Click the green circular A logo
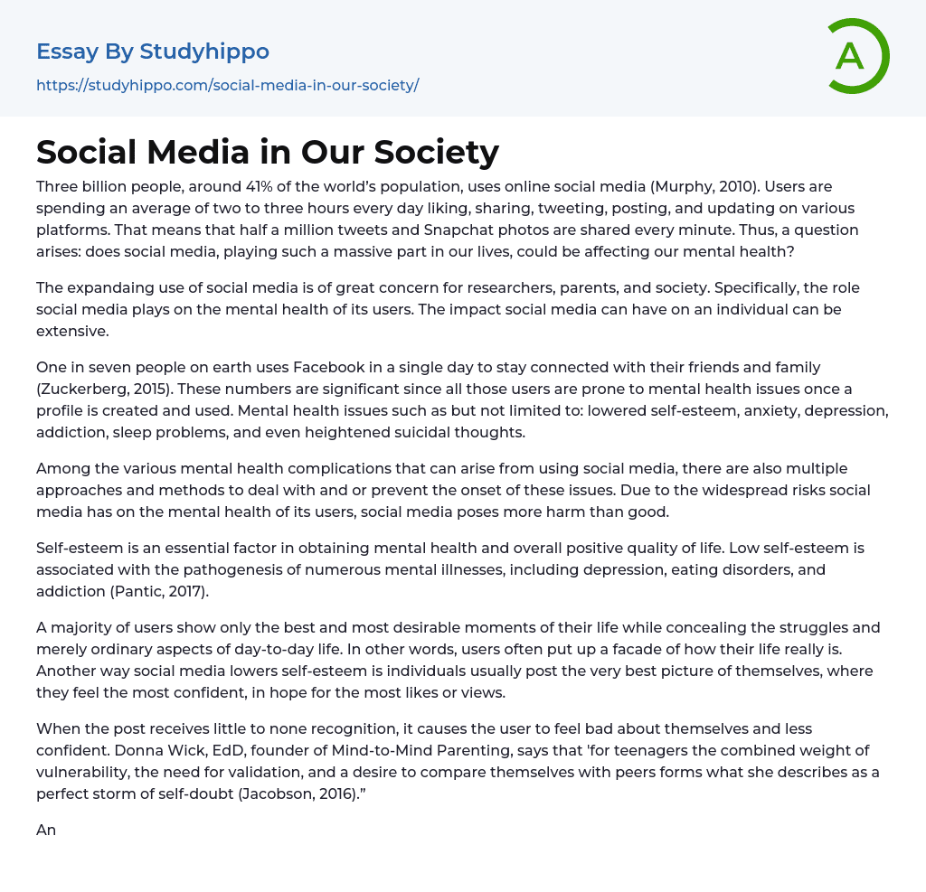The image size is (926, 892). (854, 56)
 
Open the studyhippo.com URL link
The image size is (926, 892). (227, 85)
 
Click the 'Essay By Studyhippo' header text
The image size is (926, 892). (153, 52)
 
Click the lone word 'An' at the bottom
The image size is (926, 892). (46, 830)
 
